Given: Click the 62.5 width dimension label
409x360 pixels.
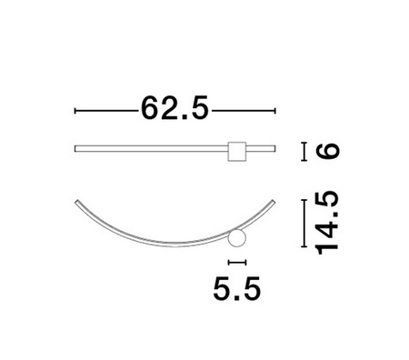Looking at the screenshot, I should point(175,109).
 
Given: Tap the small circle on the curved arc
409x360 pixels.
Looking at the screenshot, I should point(237,240).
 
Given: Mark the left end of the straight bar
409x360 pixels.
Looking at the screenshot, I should point(75,147).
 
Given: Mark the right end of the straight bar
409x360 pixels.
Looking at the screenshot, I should point(274,147).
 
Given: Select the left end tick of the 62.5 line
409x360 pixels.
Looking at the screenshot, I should point(75,110).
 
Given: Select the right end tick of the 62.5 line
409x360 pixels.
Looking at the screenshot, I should point(274,110).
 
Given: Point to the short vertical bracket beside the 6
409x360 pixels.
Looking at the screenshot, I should point(304,150).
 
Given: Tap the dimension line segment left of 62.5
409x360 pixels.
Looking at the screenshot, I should point(105,110).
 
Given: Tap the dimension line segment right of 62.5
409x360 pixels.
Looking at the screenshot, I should point(243,110).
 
